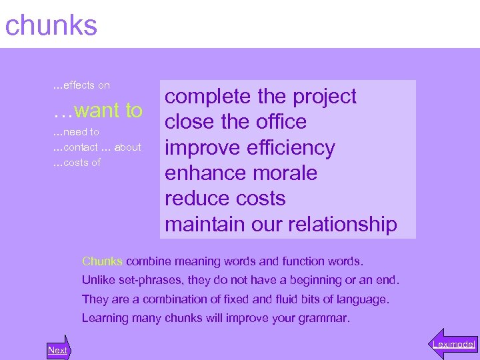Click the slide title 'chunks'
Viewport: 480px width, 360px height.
coord(51,26)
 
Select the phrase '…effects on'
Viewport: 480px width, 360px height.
coord(81,85)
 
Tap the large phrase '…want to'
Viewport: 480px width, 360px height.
coord(97,110)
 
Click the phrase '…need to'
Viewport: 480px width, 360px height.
coord(76,132)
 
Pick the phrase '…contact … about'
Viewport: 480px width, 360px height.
coord(97,147)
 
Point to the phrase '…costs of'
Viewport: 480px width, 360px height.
coord(77,163)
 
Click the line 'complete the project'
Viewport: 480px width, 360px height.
coord(261,97)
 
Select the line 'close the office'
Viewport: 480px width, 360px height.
coord(235,122)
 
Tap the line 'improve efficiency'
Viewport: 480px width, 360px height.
coord(249,147)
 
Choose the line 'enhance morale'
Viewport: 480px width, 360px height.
coord(241,173)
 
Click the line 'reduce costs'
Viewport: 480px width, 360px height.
coord(225,199)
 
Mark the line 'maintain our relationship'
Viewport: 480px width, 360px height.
coord(281,224)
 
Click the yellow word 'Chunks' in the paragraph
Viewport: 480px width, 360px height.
coord(102,261)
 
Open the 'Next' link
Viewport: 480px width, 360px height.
coord(58,350)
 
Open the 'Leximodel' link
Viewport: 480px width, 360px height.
coord(453,344)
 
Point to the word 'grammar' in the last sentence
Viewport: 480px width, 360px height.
coord(327,318)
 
